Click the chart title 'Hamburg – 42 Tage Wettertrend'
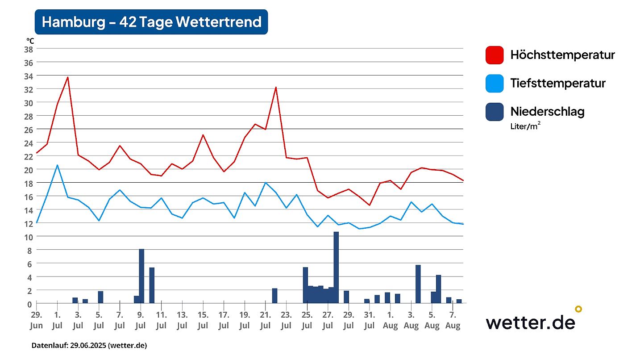pyautogui.click(x=151, y=22)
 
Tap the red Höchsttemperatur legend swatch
pyautogui.click(x=495, y=55)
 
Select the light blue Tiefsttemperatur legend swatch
pyautogui.click(x=495, y=83)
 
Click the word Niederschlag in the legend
pyautogui.click(x=547, y=111)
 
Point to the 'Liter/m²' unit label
pyautogui.click(x=526, y=126)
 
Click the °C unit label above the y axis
pyautogui.click(x=30, y=41)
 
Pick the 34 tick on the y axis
pyautogui.click(x=28, y=76)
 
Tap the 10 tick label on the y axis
pyautogui.click(x=28, y=237)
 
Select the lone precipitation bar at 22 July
pyautogui.click(x=275, y=296)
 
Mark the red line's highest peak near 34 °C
pyautogui.click(x=68, y=77)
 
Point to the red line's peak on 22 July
pyautogui.click(x=276, y=88)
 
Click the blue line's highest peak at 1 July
pyautogui.click(x=57, y=165)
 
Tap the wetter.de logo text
pyautogui.click(x=530, y=322)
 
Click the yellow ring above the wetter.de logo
pyautogui.click(x=578, y=309)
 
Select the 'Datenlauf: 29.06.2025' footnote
pyautogui.click(x=89, y=345)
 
